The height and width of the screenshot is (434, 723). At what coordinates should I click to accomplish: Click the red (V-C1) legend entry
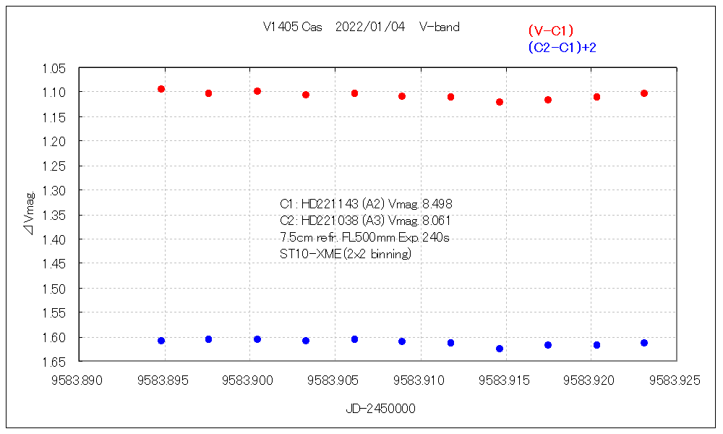tap(550, 30)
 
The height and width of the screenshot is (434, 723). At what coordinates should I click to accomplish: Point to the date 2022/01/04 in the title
tap(370, 27)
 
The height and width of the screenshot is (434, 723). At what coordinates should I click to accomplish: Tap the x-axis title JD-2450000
tap(380, 409)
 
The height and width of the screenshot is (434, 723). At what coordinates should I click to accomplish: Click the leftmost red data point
tap(161, 89)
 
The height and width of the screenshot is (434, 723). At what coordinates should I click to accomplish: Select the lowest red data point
tap(500, 102)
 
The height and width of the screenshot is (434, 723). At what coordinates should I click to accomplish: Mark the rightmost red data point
tap(644, 93)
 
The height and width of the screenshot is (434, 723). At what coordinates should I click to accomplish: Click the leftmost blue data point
tap(161, 341)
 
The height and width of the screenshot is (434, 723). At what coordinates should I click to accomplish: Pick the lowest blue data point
tap(500, 349)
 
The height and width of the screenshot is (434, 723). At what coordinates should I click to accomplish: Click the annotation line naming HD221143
tap(366, 204)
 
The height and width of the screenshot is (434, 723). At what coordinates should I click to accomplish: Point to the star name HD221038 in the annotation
tap(329, 220)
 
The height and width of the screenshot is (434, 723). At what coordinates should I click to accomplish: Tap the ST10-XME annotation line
tap(345, 254)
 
